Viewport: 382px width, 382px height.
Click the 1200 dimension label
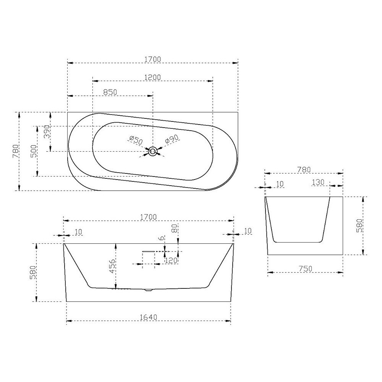(152, 77)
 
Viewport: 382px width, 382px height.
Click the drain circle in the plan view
(152, 152)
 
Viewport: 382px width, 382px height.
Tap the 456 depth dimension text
(112, 266)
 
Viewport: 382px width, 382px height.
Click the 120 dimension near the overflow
(171, 261)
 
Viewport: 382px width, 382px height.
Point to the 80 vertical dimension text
(174, 229)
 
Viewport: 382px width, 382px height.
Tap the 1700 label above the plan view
(153, 59)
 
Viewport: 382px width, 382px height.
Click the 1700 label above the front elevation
(149, 217)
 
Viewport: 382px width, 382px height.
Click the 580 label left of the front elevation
(33, 273)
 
